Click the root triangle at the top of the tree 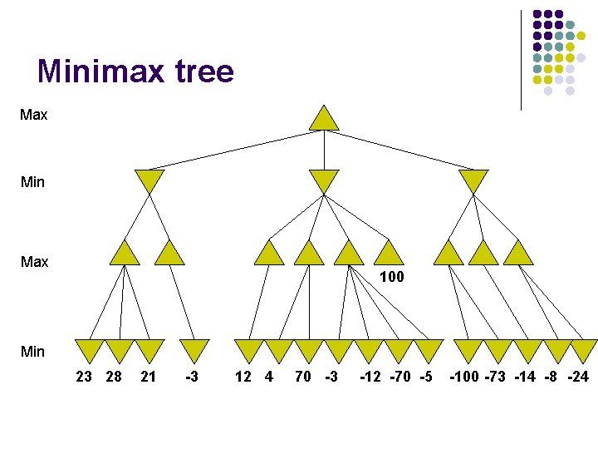tap(324, 118)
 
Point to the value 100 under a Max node tap(391, 277)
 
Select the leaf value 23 tap(84, 377)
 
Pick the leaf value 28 tap(115, 377)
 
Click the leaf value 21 tap(149, 377)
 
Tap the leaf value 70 tap(303, 377)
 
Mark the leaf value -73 tap(496, 377)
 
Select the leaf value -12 tap(371, 377)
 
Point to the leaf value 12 tap(243, 377)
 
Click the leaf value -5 tap(425, 377)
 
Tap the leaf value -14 tap(525, 377)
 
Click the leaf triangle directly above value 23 tap(89, 350)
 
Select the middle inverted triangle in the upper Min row tap(324, 180)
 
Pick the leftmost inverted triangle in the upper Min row tap(149, 180)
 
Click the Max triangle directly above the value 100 tap(388, 253)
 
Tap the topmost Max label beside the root tap(34, 115)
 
